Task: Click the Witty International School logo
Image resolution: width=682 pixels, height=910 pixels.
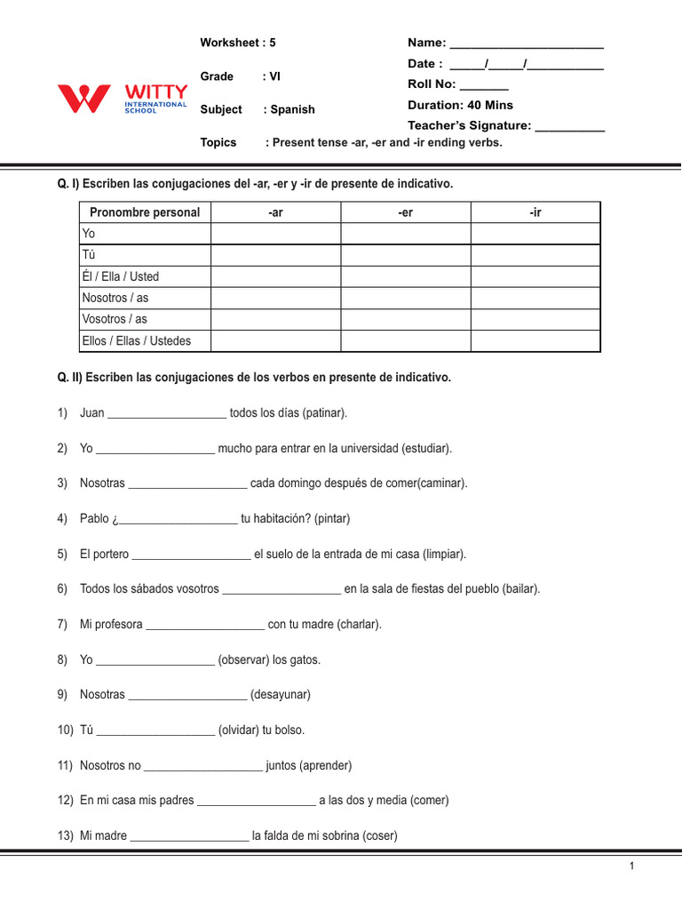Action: coord(123,98)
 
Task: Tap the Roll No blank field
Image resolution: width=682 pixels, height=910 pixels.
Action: coord(484,86)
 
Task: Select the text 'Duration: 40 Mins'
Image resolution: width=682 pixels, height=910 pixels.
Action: coord(460,105)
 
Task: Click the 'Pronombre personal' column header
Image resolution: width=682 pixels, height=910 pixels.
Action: coord(145,212)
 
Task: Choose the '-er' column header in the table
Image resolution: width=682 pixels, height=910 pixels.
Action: coord(406,212)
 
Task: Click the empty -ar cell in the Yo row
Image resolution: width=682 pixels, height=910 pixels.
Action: coord(275,234)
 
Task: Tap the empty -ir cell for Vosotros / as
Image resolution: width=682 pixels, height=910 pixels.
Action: coord(535,319)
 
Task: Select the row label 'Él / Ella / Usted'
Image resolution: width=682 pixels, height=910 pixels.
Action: coord(121,276)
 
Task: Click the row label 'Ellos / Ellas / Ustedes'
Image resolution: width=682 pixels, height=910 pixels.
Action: coord(136,340)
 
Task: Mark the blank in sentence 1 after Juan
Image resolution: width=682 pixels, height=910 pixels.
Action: coord(167,414)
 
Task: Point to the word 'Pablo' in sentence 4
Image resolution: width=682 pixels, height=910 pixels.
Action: coord(94,518)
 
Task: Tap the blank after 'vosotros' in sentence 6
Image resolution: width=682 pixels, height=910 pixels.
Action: coord(282,589)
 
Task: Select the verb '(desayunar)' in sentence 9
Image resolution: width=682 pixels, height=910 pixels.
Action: coord(281,694)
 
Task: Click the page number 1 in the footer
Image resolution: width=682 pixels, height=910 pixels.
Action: coord(631,867)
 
